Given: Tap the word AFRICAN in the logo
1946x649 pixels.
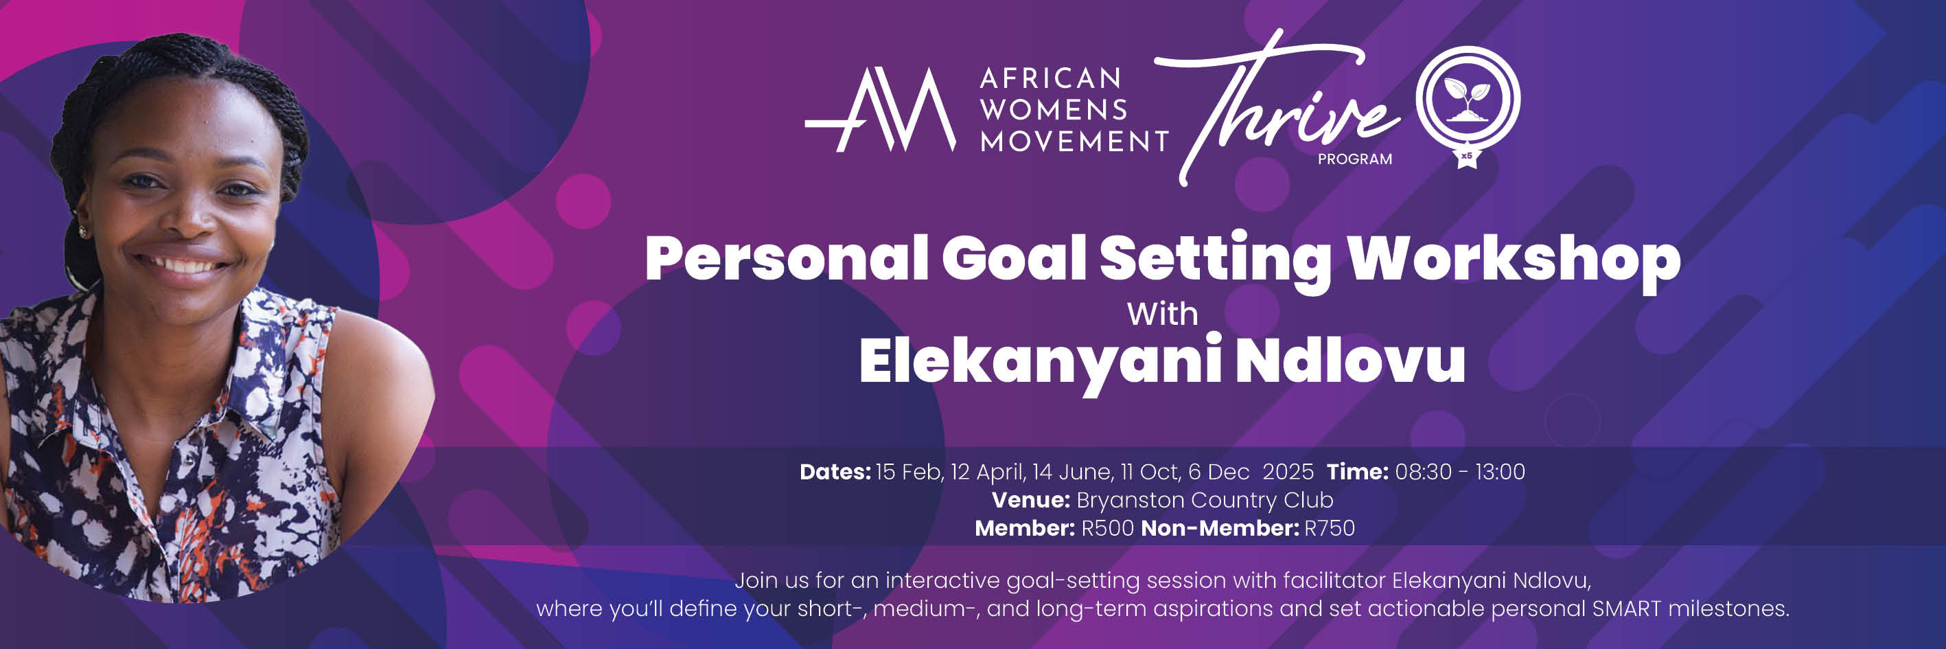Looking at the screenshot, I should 1050,78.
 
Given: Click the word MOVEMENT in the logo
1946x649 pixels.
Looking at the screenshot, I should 1074,141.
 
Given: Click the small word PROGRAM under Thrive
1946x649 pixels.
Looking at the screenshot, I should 1354,159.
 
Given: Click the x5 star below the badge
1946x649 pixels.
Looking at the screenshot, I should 1466,157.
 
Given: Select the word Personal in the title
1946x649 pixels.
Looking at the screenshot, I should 786,259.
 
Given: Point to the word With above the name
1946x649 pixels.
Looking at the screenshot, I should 1162,315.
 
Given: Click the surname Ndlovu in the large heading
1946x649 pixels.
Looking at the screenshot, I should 1350,361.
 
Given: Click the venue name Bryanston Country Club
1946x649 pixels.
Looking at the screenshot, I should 1204,500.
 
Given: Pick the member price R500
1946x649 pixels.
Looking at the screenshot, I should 1107,528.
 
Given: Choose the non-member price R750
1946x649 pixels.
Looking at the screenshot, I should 1330,528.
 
